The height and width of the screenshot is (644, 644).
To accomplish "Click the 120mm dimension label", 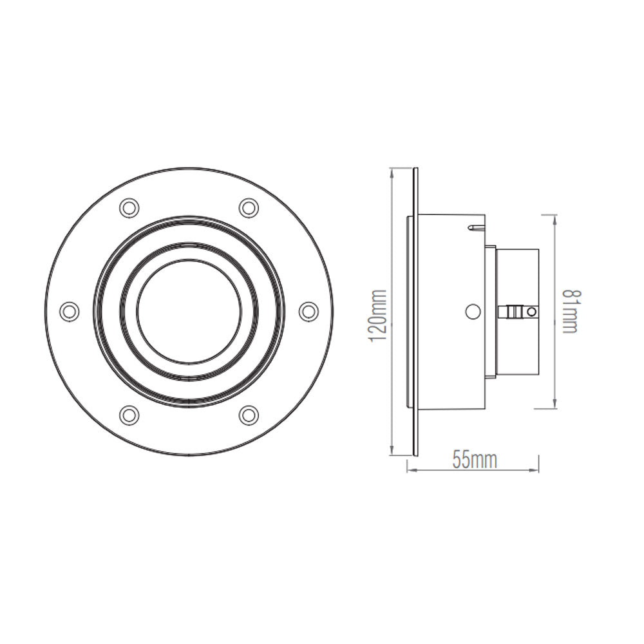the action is [378, 316].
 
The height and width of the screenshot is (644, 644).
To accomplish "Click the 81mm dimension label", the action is [571, 311].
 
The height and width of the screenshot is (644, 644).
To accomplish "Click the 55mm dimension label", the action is [475, 460].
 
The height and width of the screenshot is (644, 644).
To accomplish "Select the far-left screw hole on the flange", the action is [69, 310].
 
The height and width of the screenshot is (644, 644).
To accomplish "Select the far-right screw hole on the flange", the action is [308, 310].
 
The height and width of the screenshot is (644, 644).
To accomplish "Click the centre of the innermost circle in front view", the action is [189, 311].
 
